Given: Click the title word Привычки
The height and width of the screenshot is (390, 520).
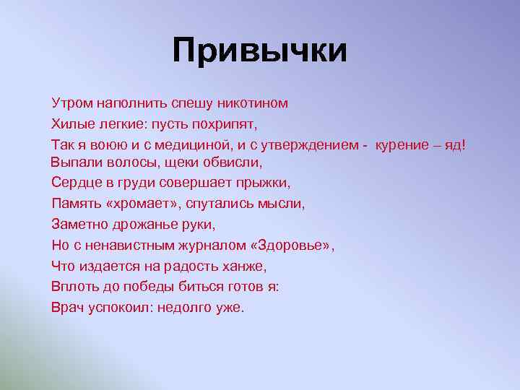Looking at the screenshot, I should pyautogui.click(x=260, y=51).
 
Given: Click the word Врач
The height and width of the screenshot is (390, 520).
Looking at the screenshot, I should pyautogui.click(x=67, y=306).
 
